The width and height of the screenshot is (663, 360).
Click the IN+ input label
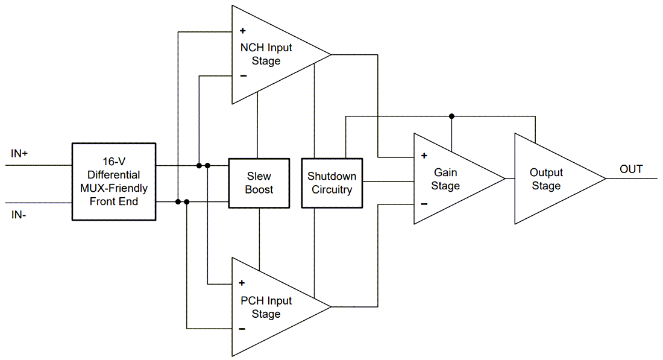pyautogui.click(x=19, y=154)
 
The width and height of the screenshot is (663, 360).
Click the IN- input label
pyautogui.click(x=19, y=215)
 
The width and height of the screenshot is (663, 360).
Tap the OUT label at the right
pyautogui.click(x=631, y=169)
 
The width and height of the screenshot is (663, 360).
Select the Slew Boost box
pyautogui.click(x=259, y=183)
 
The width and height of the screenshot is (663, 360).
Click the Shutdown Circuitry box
pyautogui.click(x=331, y=183)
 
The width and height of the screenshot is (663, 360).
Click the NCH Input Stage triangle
pyautogui.click(x=271, y=55)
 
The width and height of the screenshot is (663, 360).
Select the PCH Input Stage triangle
pyautogui.click(x=271, y=308)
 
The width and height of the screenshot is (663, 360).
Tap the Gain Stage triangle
pyautogui.click(x=449, y=179)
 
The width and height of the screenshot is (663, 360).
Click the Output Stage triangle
pyautogui.click(x=548, y=179)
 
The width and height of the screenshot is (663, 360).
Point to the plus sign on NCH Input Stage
pyautogui.click(x=242, y=31)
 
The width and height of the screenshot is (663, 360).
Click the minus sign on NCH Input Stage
pyautogui.click(x=243, y=76)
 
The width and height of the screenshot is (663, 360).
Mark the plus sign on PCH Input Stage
pyautogui.click(x=242, y=283)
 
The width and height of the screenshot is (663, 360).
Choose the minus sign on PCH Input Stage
pyautogui.click(x=242, y=329)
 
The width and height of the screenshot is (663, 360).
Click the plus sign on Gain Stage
pyautogui.click(x=424, y=156)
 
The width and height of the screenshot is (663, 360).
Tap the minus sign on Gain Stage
pyautogui.click(x=424, y=204)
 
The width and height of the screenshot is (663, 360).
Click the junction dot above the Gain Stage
pyautogui.click(x=451, y=116)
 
